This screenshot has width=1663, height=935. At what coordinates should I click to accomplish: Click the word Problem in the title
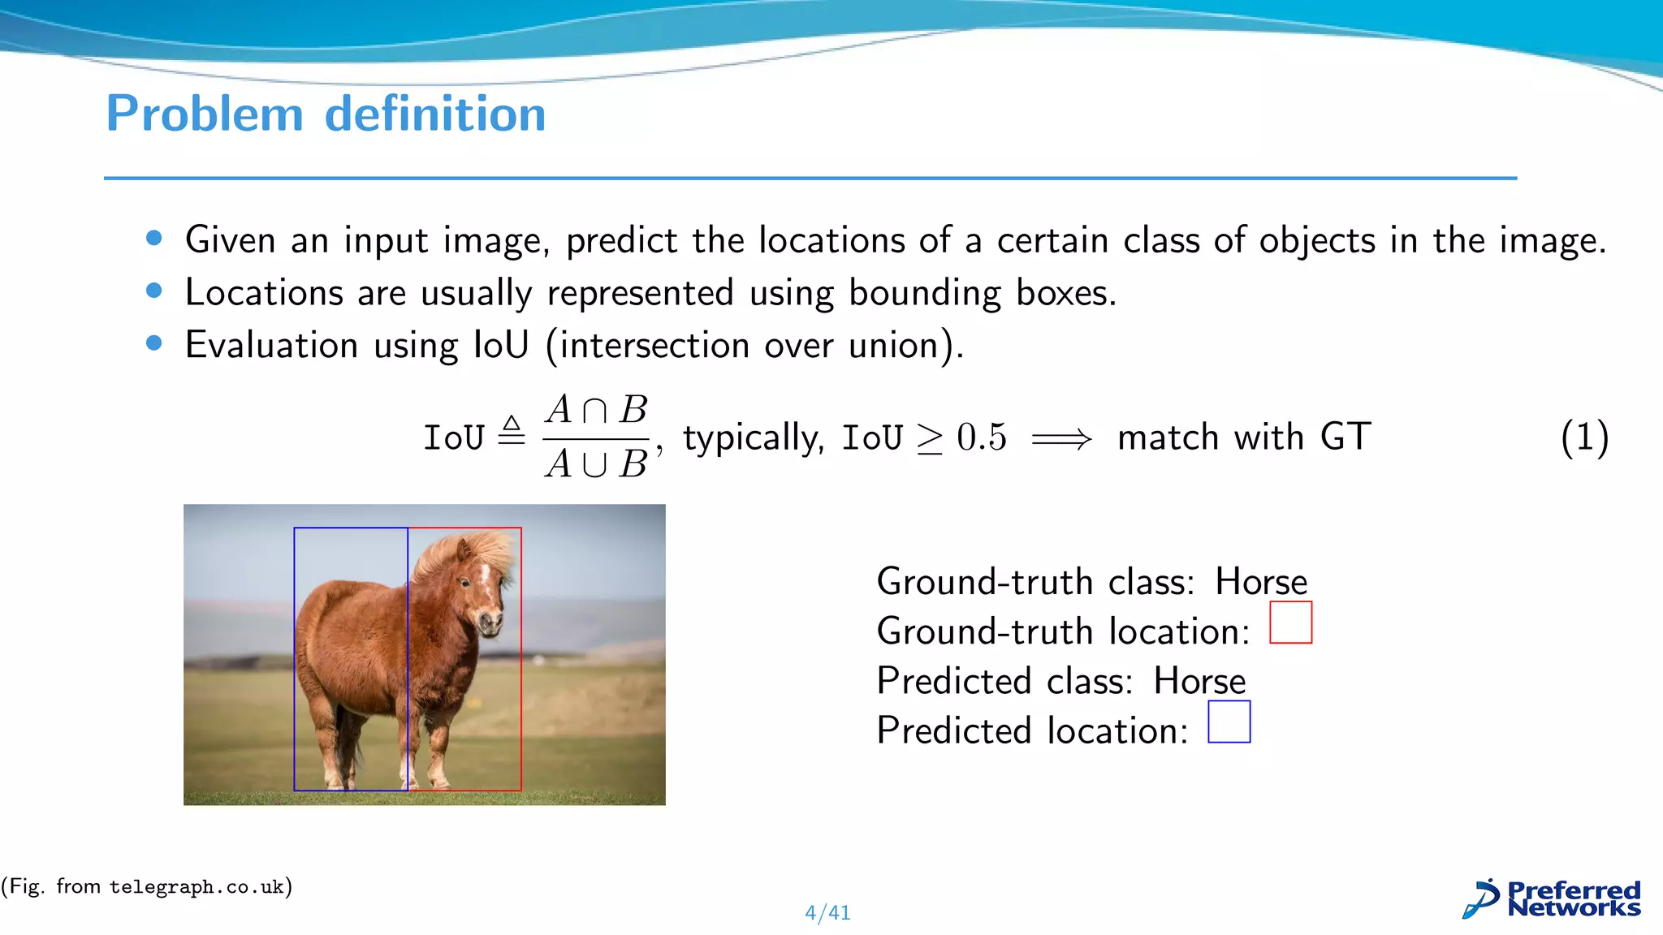click(205, 114)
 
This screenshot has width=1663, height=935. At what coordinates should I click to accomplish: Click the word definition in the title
click(435, 114)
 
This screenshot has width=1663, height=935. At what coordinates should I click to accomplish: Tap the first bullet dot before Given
click(154, 238)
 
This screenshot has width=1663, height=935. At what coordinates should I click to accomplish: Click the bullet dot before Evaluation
click(154, 343)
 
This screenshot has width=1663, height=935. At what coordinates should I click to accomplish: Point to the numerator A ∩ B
click(596, 410)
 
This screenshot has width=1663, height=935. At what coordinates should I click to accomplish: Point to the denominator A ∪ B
click(596, 464)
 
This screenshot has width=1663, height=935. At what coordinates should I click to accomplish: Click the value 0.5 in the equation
click(981, 437)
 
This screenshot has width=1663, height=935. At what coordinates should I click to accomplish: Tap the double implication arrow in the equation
click(1061, 439)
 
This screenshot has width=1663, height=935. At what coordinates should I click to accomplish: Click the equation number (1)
click(1583, 437)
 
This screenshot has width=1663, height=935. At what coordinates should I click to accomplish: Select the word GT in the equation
click(1346, 437)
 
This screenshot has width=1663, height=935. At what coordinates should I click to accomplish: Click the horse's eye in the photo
click(465, 583)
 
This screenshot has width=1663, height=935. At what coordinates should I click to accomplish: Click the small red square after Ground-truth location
click(1290, 623)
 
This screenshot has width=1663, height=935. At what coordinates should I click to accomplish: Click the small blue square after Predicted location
click(1229, 722)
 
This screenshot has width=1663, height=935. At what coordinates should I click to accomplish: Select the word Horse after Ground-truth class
click(1261, 582)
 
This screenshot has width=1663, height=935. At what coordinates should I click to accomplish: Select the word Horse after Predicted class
click(1199, 681)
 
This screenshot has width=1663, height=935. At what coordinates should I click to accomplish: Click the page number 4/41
click(827, 913)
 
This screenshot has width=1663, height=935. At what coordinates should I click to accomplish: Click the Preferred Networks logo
click(1552, 899)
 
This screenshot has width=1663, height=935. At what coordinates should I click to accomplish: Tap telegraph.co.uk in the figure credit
click(197, 887)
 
